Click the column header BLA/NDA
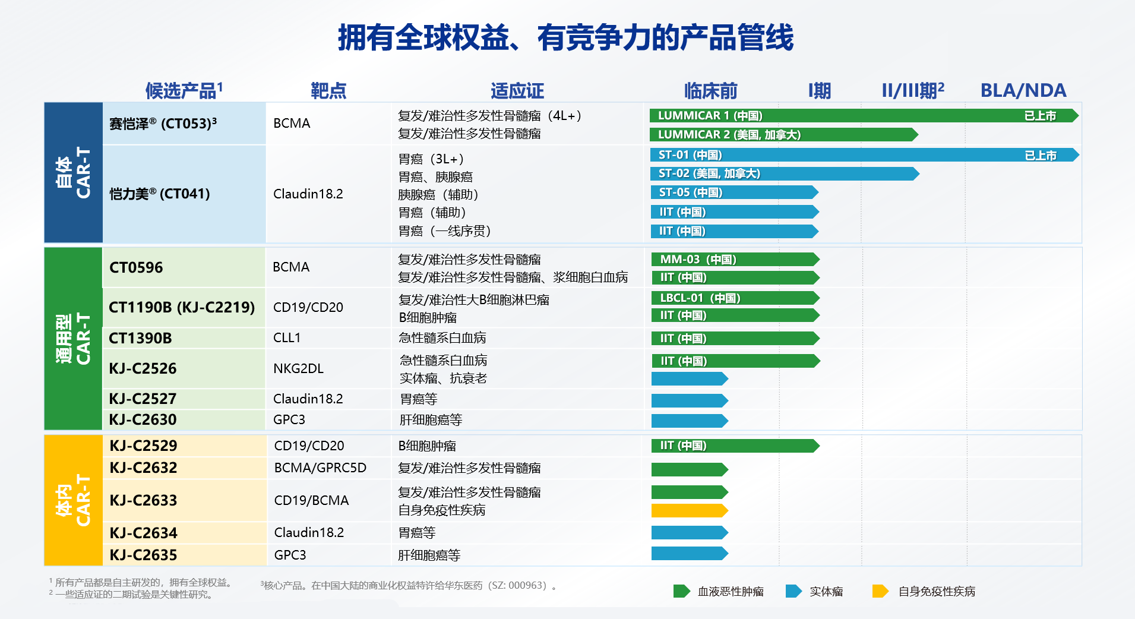[x=1023, y=90]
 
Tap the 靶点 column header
[x=328, y=90]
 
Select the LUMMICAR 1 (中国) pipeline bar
[x=864, y=115]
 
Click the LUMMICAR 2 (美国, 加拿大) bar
[x=784, y=135]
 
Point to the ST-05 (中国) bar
[x=735, y=192]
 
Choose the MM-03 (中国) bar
[x=735, y=260]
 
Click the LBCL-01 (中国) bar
[x=735, y=298]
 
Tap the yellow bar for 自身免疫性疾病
[x=690, y=510]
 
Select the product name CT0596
[x=136, y=267]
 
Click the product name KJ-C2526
[x=143, y=368]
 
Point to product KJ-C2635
[x=144, y=555]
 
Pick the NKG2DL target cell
[x=299, y=368]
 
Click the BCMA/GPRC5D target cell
[x=320, y=468]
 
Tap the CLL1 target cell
[x=287, y=337]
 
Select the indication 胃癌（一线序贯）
[x=445, y=230]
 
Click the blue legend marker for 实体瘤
[x=793, y=591]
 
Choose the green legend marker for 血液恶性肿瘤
[x=682, y=591]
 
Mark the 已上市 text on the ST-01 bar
[x=1041, y=155]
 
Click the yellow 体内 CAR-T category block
[x=73, y=500]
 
